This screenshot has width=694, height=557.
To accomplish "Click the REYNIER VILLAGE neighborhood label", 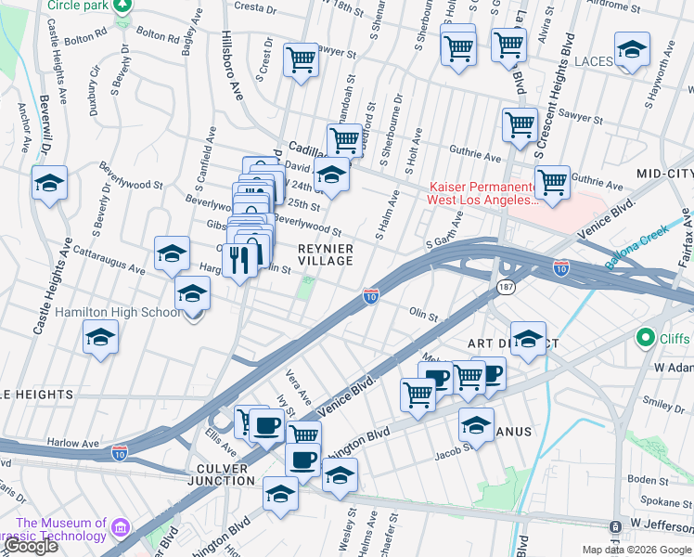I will tap(325, 254).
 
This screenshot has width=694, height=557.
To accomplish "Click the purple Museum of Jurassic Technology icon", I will tap(120, 529).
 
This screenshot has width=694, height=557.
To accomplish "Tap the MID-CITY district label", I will tap(665, 174).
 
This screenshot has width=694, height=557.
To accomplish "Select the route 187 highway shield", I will tap(506, 287).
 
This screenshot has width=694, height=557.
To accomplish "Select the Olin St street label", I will tap(423, 315).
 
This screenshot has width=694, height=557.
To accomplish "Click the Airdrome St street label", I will tap(647, 4).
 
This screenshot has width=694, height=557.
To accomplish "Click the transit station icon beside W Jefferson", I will tap(615, 527).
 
